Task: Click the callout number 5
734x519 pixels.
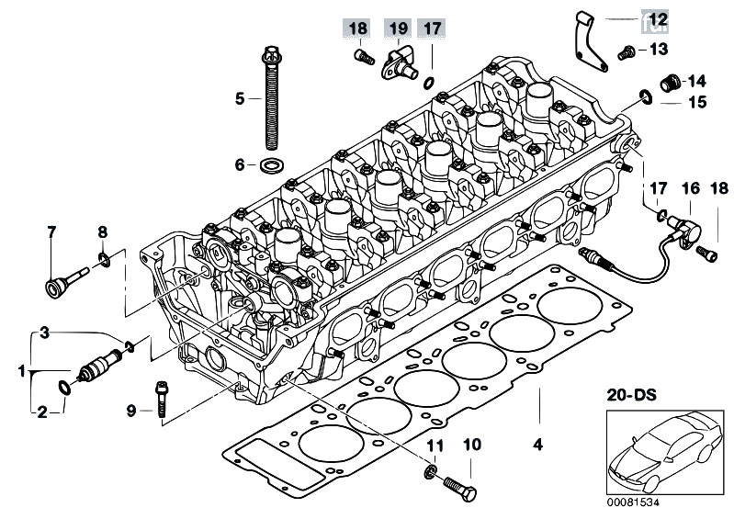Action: click(240, 98)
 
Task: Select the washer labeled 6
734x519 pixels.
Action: click(269, 165)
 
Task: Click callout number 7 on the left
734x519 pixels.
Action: click(51, 231)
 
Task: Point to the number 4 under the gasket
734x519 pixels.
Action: click(538, 444)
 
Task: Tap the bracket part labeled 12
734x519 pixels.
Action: click(590, 42)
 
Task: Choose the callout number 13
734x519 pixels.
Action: click(659, 49)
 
